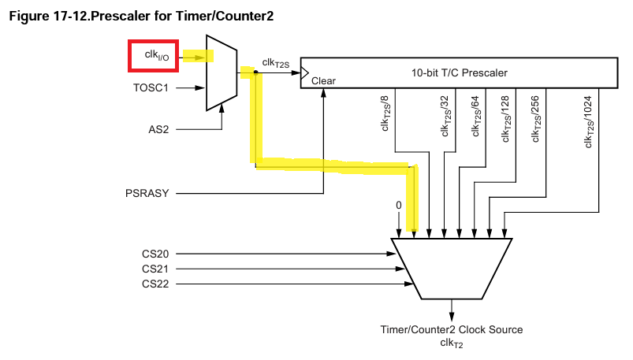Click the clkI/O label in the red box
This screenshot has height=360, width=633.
coord(155,57)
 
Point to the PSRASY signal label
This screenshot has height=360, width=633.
coord(147,192)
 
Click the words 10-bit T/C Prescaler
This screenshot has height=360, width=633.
coord(460,73)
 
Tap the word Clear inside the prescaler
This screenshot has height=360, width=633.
coord(323,81)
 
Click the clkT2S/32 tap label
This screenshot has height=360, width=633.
coord(446,117)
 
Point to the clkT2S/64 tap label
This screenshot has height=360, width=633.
coord(476,117)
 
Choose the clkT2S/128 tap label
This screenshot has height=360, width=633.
coord(505,118)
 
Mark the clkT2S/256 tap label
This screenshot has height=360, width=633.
coord(535,118)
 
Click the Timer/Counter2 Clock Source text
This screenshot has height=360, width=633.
coord(452,329)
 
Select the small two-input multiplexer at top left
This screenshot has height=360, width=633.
coord(221,72)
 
